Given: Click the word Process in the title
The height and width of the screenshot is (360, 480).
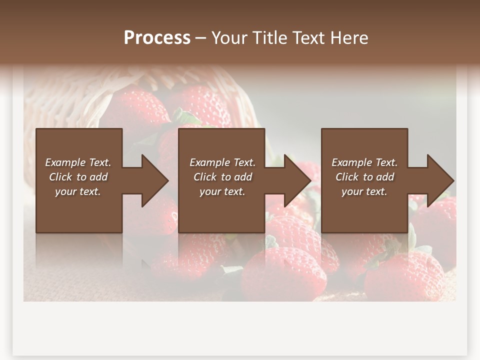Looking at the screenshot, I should click(x=157, y=38).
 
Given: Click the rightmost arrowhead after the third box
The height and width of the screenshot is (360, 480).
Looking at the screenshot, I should click(x=439, y=180).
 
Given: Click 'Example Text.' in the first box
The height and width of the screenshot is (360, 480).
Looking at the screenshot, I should click(x=78, y=162).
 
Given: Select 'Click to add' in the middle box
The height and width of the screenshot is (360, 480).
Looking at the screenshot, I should click(x=222, y=177).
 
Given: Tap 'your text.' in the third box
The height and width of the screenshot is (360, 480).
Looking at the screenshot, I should click(x=364, y=191).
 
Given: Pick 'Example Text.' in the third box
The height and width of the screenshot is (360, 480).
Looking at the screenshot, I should click(x=364, y=162).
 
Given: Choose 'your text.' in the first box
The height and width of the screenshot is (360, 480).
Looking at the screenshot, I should click(x=78, y=191).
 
